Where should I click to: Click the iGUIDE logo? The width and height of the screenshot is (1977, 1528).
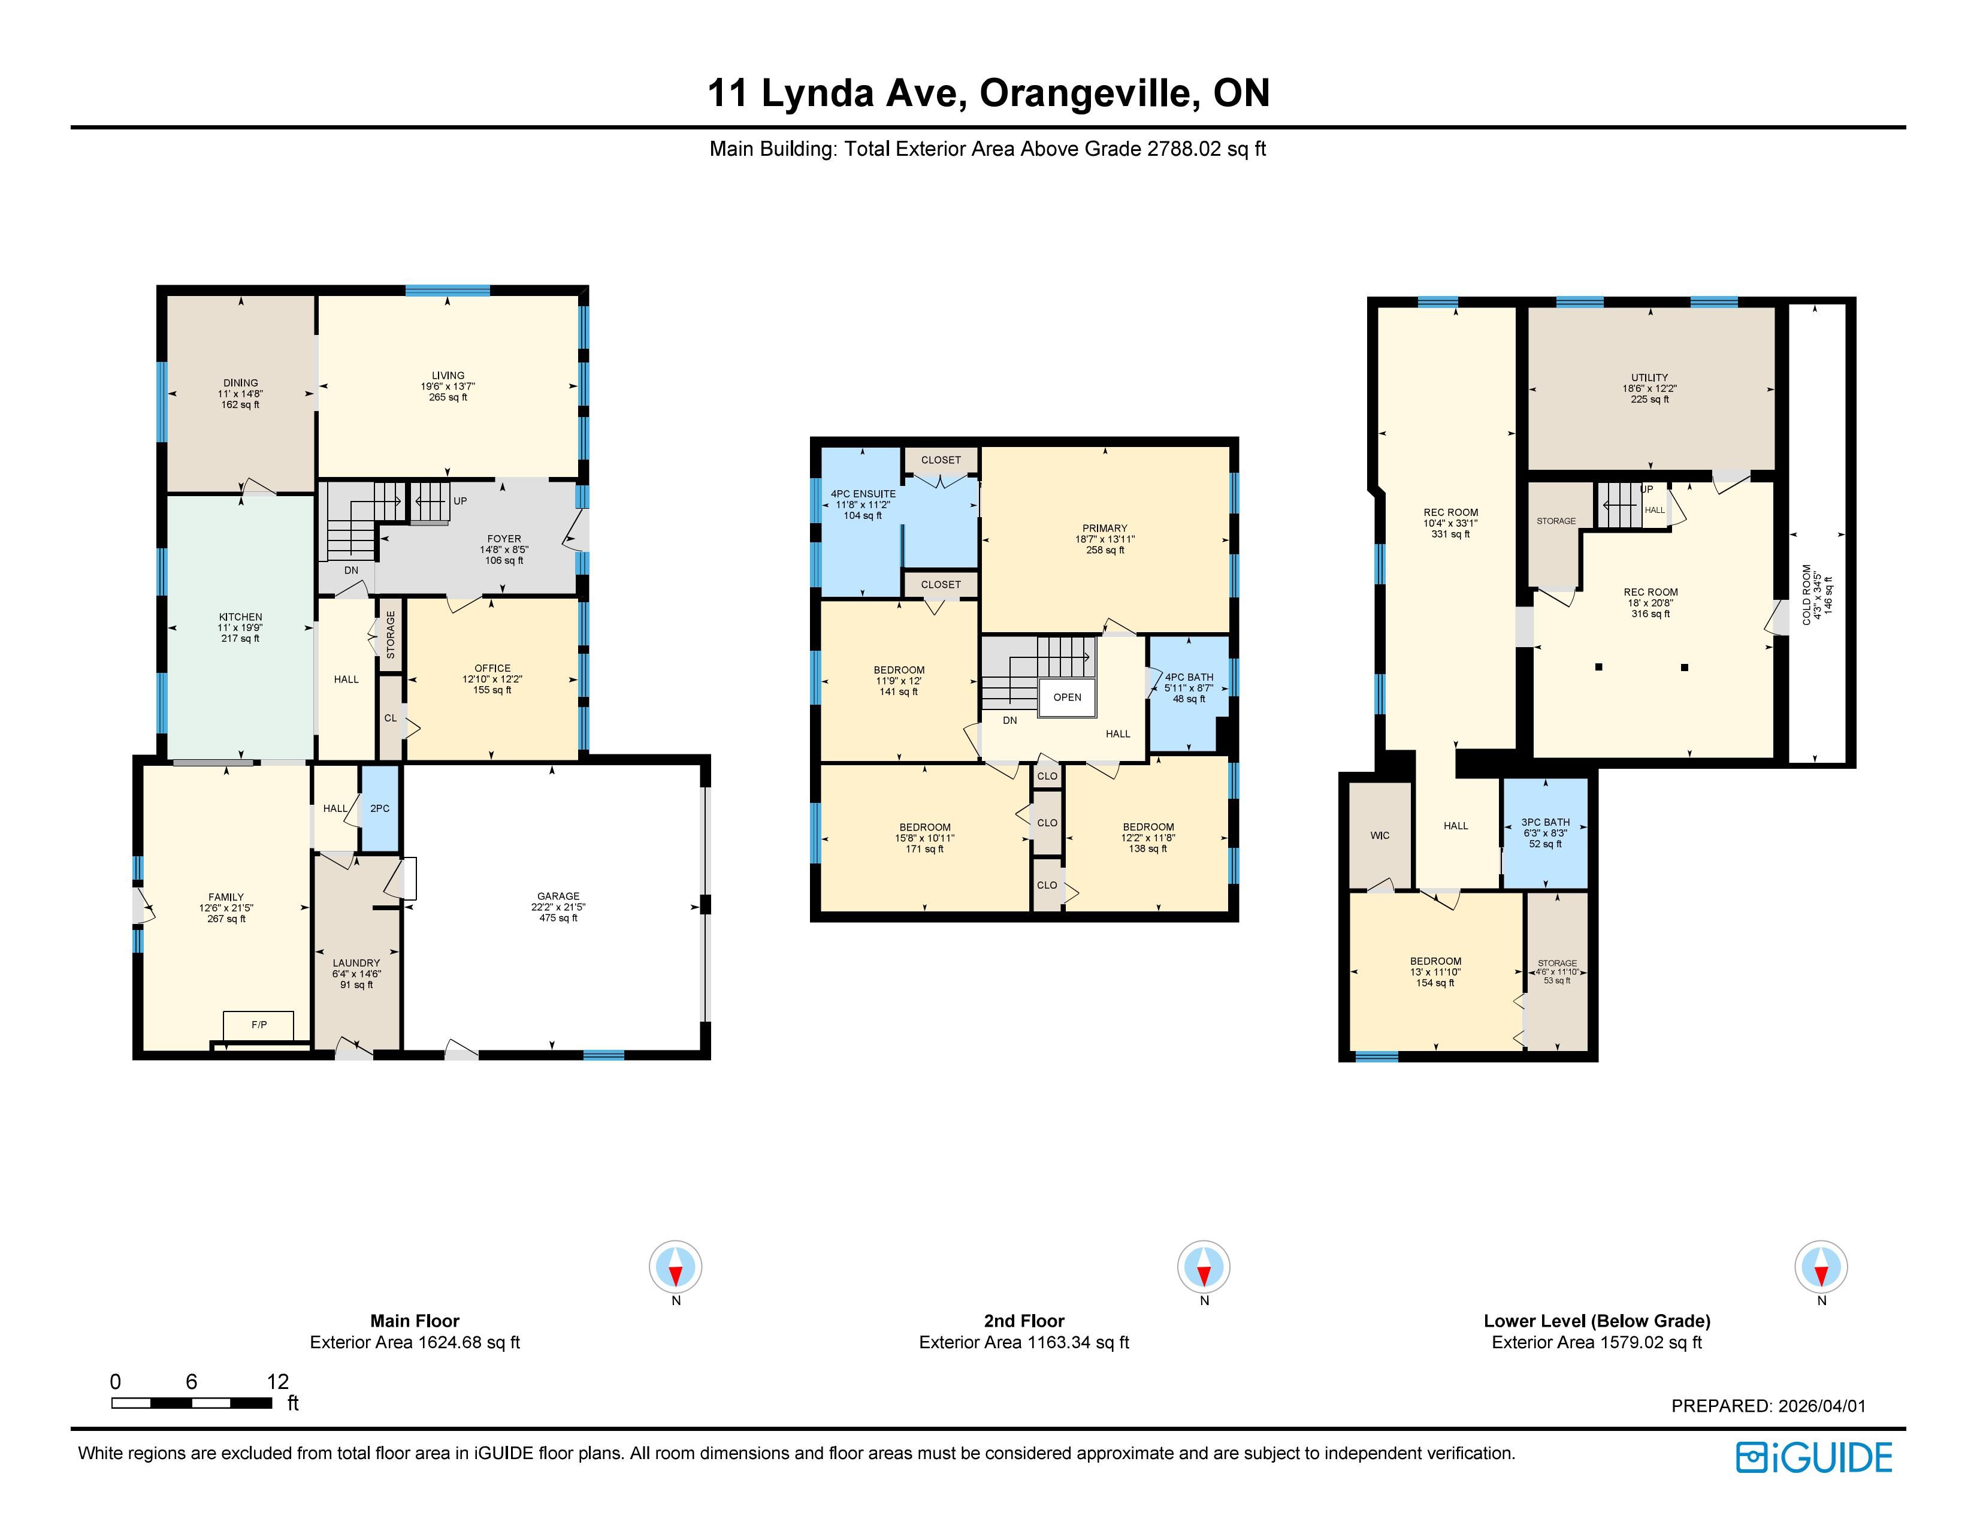coord(1814,1457)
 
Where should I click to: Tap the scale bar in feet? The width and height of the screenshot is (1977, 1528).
coord(192,1403)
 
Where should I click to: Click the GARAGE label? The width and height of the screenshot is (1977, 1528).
coord(558,896)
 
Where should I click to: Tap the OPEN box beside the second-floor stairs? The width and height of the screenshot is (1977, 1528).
coord(1067,697)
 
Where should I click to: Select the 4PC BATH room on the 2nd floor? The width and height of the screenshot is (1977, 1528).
coord(1189,693)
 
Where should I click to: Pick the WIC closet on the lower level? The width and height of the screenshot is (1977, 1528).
coord(1380,835)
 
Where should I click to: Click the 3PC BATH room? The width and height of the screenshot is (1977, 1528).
coord(1545,833)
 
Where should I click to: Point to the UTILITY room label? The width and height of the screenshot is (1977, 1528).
coord(1649,378)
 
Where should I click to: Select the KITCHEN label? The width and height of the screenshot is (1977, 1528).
coord(241,617)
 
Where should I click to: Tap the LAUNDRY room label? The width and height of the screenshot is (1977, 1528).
coord(356,963)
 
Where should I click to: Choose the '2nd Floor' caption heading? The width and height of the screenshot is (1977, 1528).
coord(1024,1321)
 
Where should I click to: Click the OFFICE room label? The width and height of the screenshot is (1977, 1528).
coord(492,668)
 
